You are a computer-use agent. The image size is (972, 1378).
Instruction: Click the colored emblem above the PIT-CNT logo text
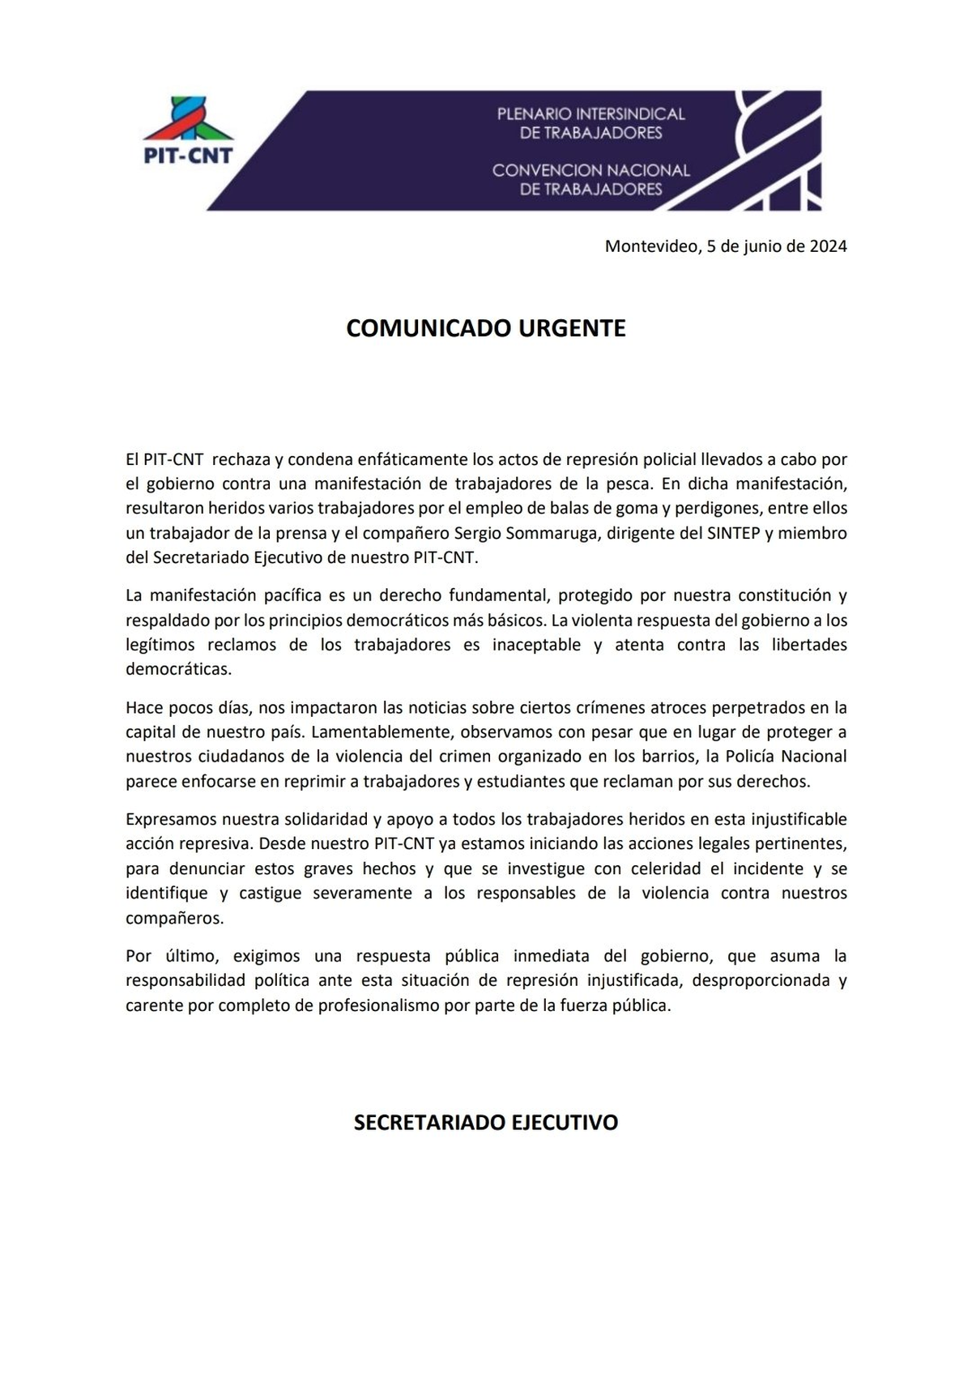coord(189,118)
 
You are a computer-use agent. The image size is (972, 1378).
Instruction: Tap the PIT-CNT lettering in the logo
coord(188,156)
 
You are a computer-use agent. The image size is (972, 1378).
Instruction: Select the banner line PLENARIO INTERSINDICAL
coord(590,114)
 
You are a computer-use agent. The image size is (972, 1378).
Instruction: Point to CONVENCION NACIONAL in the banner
coord(590,170)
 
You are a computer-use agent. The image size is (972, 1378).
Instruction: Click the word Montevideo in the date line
coord(650,246)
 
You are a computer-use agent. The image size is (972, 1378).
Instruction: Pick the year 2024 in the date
coord(828,246)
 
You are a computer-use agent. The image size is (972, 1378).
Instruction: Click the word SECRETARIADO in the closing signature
coord(429,1122)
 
